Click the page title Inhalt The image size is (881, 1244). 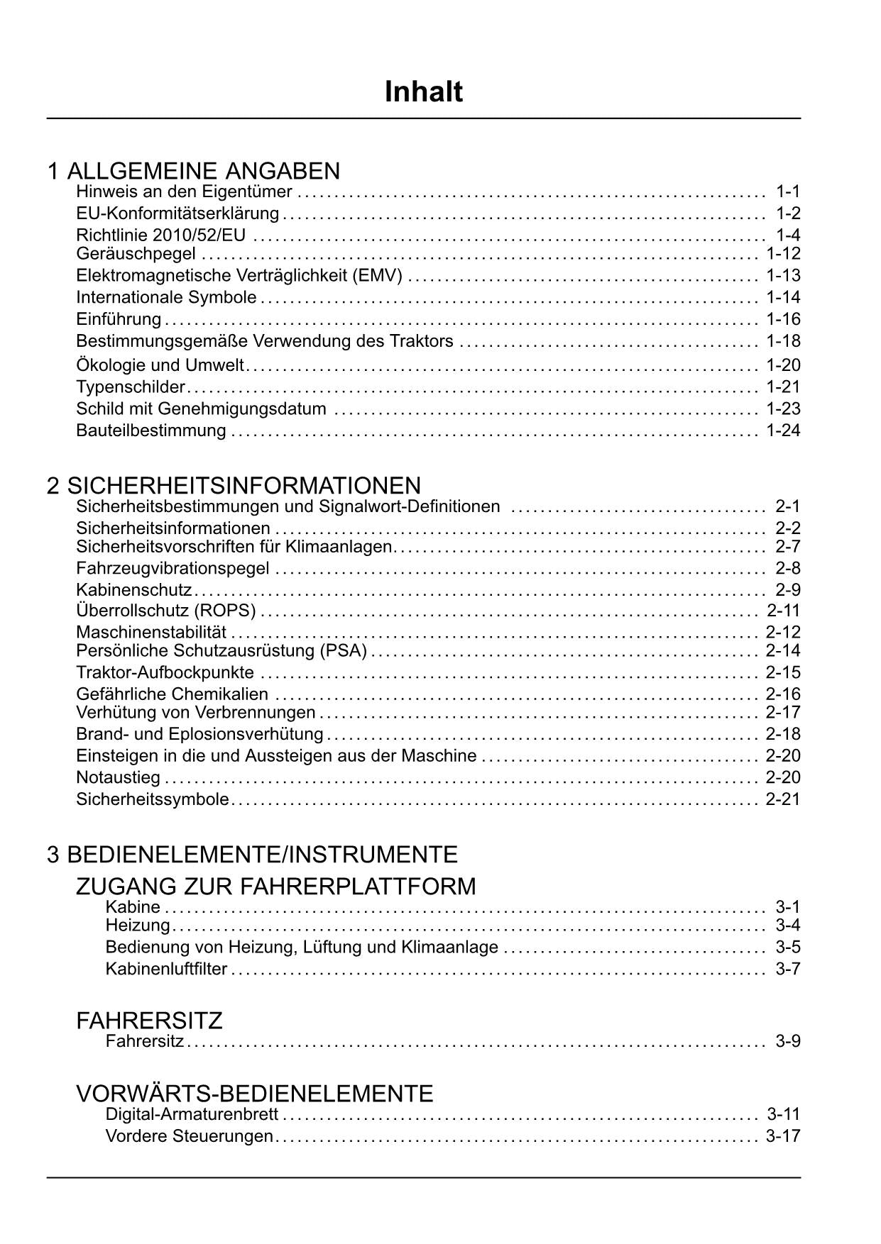pos(424,91)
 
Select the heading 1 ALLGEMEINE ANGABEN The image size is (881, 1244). pos(193,171)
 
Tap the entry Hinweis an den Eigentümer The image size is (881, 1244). pos(184,191)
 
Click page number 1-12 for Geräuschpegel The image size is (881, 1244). pos(783,254)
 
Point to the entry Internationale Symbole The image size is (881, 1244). pos(166,297)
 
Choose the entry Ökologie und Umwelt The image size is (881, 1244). pos(160,365)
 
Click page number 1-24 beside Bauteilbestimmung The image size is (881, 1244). pos(783,431)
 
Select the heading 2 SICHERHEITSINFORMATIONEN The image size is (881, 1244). pos(234,486)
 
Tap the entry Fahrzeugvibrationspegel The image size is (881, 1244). pos(173,568)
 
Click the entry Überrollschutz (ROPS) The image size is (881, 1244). pos(165,610)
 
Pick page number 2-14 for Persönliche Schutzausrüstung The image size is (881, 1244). pos(783,650)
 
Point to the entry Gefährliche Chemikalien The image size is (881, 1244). pos(172,694)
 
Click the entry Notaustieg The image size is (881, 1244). pos(118,777)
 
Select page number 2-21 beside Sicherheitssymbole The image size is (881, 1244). pos(783,799)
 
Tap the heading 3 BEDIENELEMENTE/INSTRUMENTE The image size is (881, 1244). pos(252,855)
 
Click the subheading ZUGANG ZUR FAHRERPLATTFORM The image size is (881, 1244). pos(275,887)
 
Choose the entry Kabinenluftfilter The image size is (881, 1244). pos(166,969)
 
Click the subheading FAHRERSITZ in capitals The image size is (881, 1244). pos(149,1021)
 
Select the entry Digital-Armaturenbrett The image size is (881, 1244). pos(192,1114)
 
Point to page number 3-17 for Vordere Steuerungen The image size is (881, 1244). pos(783,1136)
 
